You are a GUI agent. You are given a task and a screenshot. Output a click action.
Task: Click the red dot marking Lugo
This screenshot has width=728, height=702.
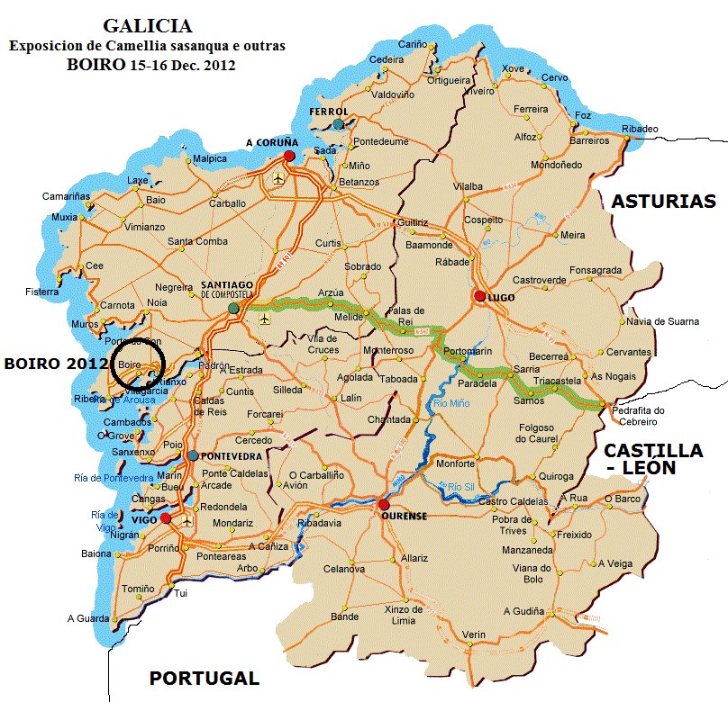(479, 296)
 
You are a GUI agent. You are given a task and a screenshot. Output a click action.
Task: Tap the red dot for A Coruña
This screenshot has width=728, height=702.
(289, 156)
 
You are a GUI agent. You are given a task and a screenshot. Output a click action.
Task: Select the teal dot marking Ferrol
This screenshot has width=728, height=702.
(337, 124)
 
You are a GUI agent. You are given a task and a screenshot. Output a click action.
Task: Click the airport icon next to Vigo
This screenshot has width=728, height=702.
(187, 520)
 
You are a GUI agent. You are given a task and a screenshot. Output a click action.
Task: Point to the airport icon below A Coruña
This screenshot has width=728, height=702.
(277, 177)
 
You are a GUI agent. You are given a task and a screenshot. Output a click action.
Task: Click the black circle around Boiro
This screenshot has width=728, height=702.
(138, 364)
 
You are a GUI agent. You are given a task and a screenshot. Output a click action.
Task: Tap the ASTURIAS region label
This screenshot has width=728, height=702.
(663, 202)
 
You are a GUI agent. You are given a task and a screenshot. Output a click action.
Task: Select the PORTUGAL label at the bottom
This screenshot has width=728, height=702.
(204, 679)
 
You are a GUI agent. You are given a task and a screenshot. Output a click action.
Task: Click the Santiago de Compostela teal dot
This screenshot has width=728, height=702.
(233, 308)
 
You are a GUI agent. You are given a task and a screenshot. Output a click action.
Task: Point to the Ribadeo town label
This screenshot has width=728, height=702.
(640, 128)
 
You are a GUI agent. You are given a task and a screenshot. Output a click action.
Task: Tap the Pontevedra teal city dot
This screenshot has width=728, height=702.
(192, 455)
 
